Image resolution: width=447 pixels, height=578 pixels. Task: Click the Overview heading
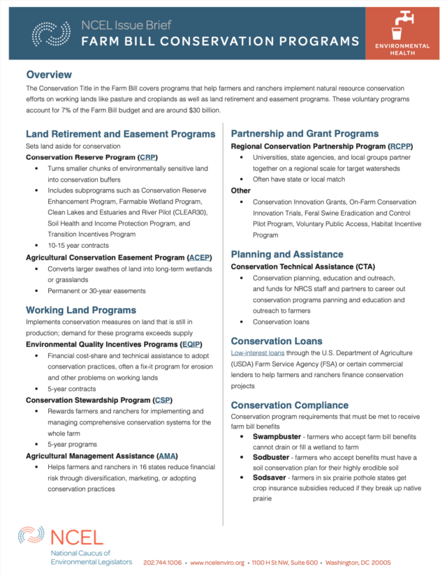[x=49, y=75]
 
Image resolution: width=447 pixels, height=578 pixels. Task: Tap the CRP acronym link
[x=147, y=158]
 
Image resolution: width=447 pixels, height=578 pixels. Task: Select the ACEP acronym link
[x=199, y=258]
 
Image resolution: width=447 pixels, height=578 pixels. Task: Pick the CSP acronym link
[x=162, y=400]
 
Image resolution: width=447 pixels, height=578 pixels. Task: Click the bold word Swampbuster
[x=279, y=437]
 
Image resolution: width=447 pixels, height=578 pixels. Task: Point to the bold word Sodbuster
[x=274, y=457]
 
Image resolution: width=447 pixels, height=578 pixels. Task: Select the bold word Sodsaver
[x=272, y=477]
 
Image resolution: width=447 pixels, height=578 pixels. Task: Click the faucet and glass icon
[x=402, y=25]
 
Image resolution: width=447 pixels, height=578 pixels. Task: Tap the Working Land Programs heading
[x=81, y=310]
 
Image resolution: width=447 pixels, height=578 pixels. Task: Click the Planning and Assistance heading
[x=287, y=255]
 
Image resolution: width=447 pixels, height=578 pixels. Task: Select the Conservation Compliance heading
[x=290, y=405]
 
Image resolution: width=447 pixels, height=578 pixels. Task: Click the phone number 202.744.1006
[x=162, y=563]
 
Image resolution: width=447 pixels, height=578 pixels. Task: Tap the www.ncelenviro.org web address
[x=217, y=563]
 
